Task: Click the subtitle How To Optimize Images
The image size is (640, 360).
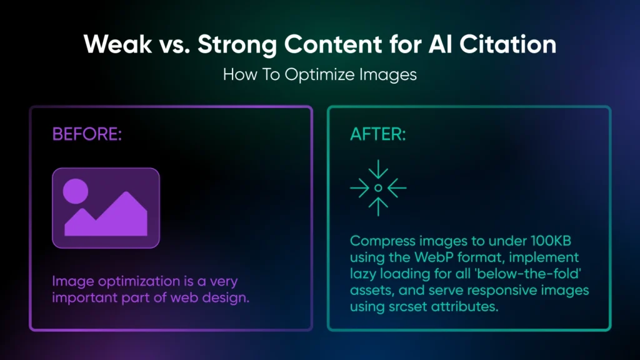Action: click(319, 74)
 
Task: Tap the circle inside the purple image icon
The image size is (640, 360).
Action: click(76, 190)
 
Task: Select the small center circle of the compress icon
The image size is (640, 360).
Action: click(378, 187)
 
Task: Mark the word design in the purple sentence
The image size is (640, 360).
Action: click(229, 297)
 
